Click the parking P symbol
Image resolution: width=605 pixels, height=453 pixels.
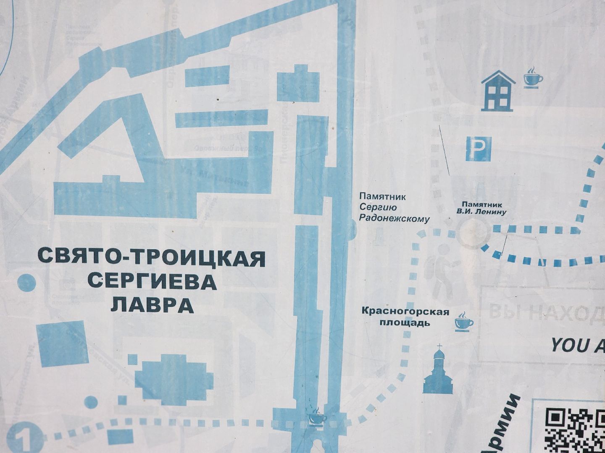point(479,149)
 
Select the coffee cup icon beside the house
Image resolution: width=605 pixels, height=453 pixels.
point(533,77)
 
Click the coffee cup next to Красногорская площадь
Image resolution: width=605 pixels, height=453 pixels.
point(464,322)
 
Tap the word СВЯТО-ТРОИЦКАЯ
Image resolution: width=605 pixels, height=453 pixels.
point(152,257)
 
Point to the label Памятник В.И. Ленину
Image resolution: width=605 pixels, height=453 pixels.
point(481,208)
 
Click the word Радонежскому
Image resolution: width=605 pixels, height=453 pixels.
point(395,218)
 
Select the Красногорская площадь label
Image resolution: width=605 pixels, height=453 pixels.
point(405,317)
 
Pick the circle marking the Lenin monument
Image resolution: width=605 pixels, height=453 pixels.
point(473,233)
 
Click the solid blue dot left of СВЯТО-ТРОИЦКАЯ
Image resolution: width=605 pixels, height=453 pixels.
point(26,283)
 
